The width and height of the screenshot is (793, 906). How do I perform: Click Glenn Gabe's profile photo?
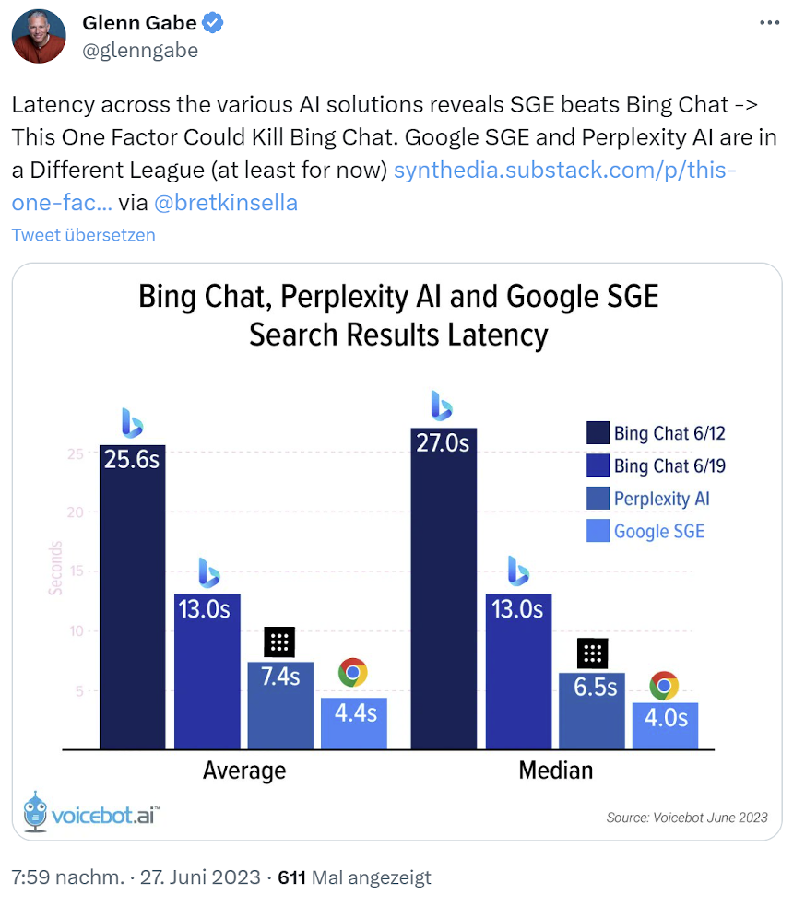pos(39,37)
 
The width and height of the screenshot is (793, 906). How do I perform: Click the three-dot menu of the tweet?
pos(768,23)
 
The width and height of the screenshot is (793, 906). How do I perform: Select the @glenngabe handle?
pos(140,51)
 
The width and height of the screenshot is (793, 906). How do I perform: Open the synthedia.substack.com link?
pos(564,171)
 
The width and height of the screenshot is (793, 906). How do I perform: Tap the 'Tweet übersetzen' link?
pos(83,235)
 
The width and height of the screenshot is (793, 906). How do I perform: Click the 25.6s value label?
pos(132,458)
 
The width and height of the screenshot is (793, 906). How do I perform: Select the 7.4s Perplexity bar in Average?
pos(280,705)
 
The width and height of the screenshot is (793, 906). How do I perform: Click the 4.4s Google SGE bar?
pos(353,724)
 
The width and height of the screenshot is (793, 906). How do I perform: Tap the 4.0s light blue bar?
pos(665,725)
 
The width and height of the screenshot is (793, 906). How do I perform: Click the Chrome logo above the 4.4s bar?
pos(353,673)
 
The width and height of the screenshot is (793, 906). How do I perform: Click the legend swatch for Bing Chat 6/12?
pos(598,433)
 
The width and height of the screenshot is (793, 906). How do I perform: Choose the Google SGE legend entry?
pos(658,531)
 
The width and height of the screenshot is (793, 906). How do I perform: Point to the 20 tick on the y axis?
pos(77,512)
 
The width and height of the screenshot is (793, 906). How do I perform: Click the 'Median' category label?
pos(556,770)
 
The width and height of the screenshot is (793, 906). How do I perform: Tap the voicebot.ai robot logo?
pos(34,811)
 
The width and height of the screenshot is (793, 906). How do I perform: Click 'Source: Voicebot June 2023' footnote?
pos(686,817)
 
